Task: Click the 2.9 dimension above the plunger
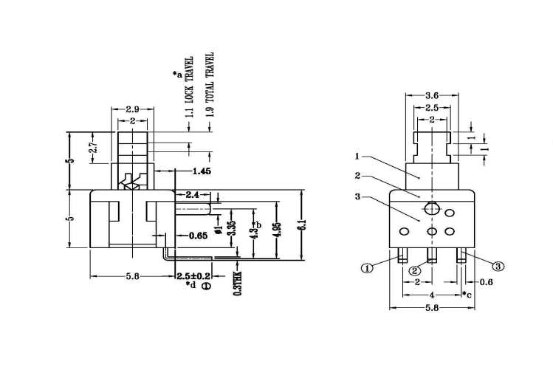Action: click(132, 109)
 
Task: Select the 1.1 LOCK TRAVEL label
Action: click(190, 87)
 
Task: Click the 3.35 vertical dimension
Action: click(233, 227)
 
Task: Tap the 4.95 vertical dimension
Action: click(276, 227)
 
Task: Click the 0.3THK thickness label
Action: click(237, 282)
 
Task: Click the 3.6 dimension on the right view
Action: click(433, 95)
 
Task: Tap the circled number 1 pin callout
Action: click(366, 268)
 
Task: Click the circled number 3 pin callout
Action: click(498, 266)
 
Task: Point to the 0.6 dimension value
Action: click(487, 282)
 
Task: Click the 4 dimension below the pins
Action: click(432, 295)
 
